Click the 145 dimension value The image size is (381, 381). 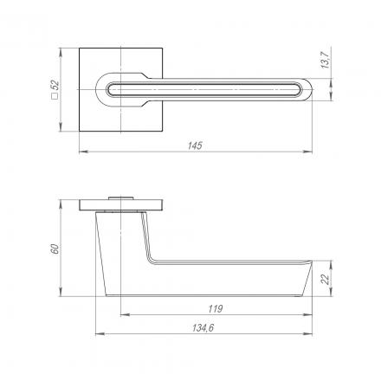point(195,145)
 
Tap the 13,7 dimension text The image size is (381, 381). point(326,60)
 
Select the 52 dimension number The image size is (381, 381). point(55,85)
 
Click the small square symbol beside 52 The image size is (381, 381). point(55,96)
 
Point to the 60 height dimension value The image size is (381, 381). point(55,249)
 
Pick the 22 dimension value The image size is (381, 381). point(326,280)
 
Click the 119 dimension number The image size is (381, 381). point(216,309)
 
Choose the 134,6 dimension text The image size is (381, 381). point(203,328)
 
